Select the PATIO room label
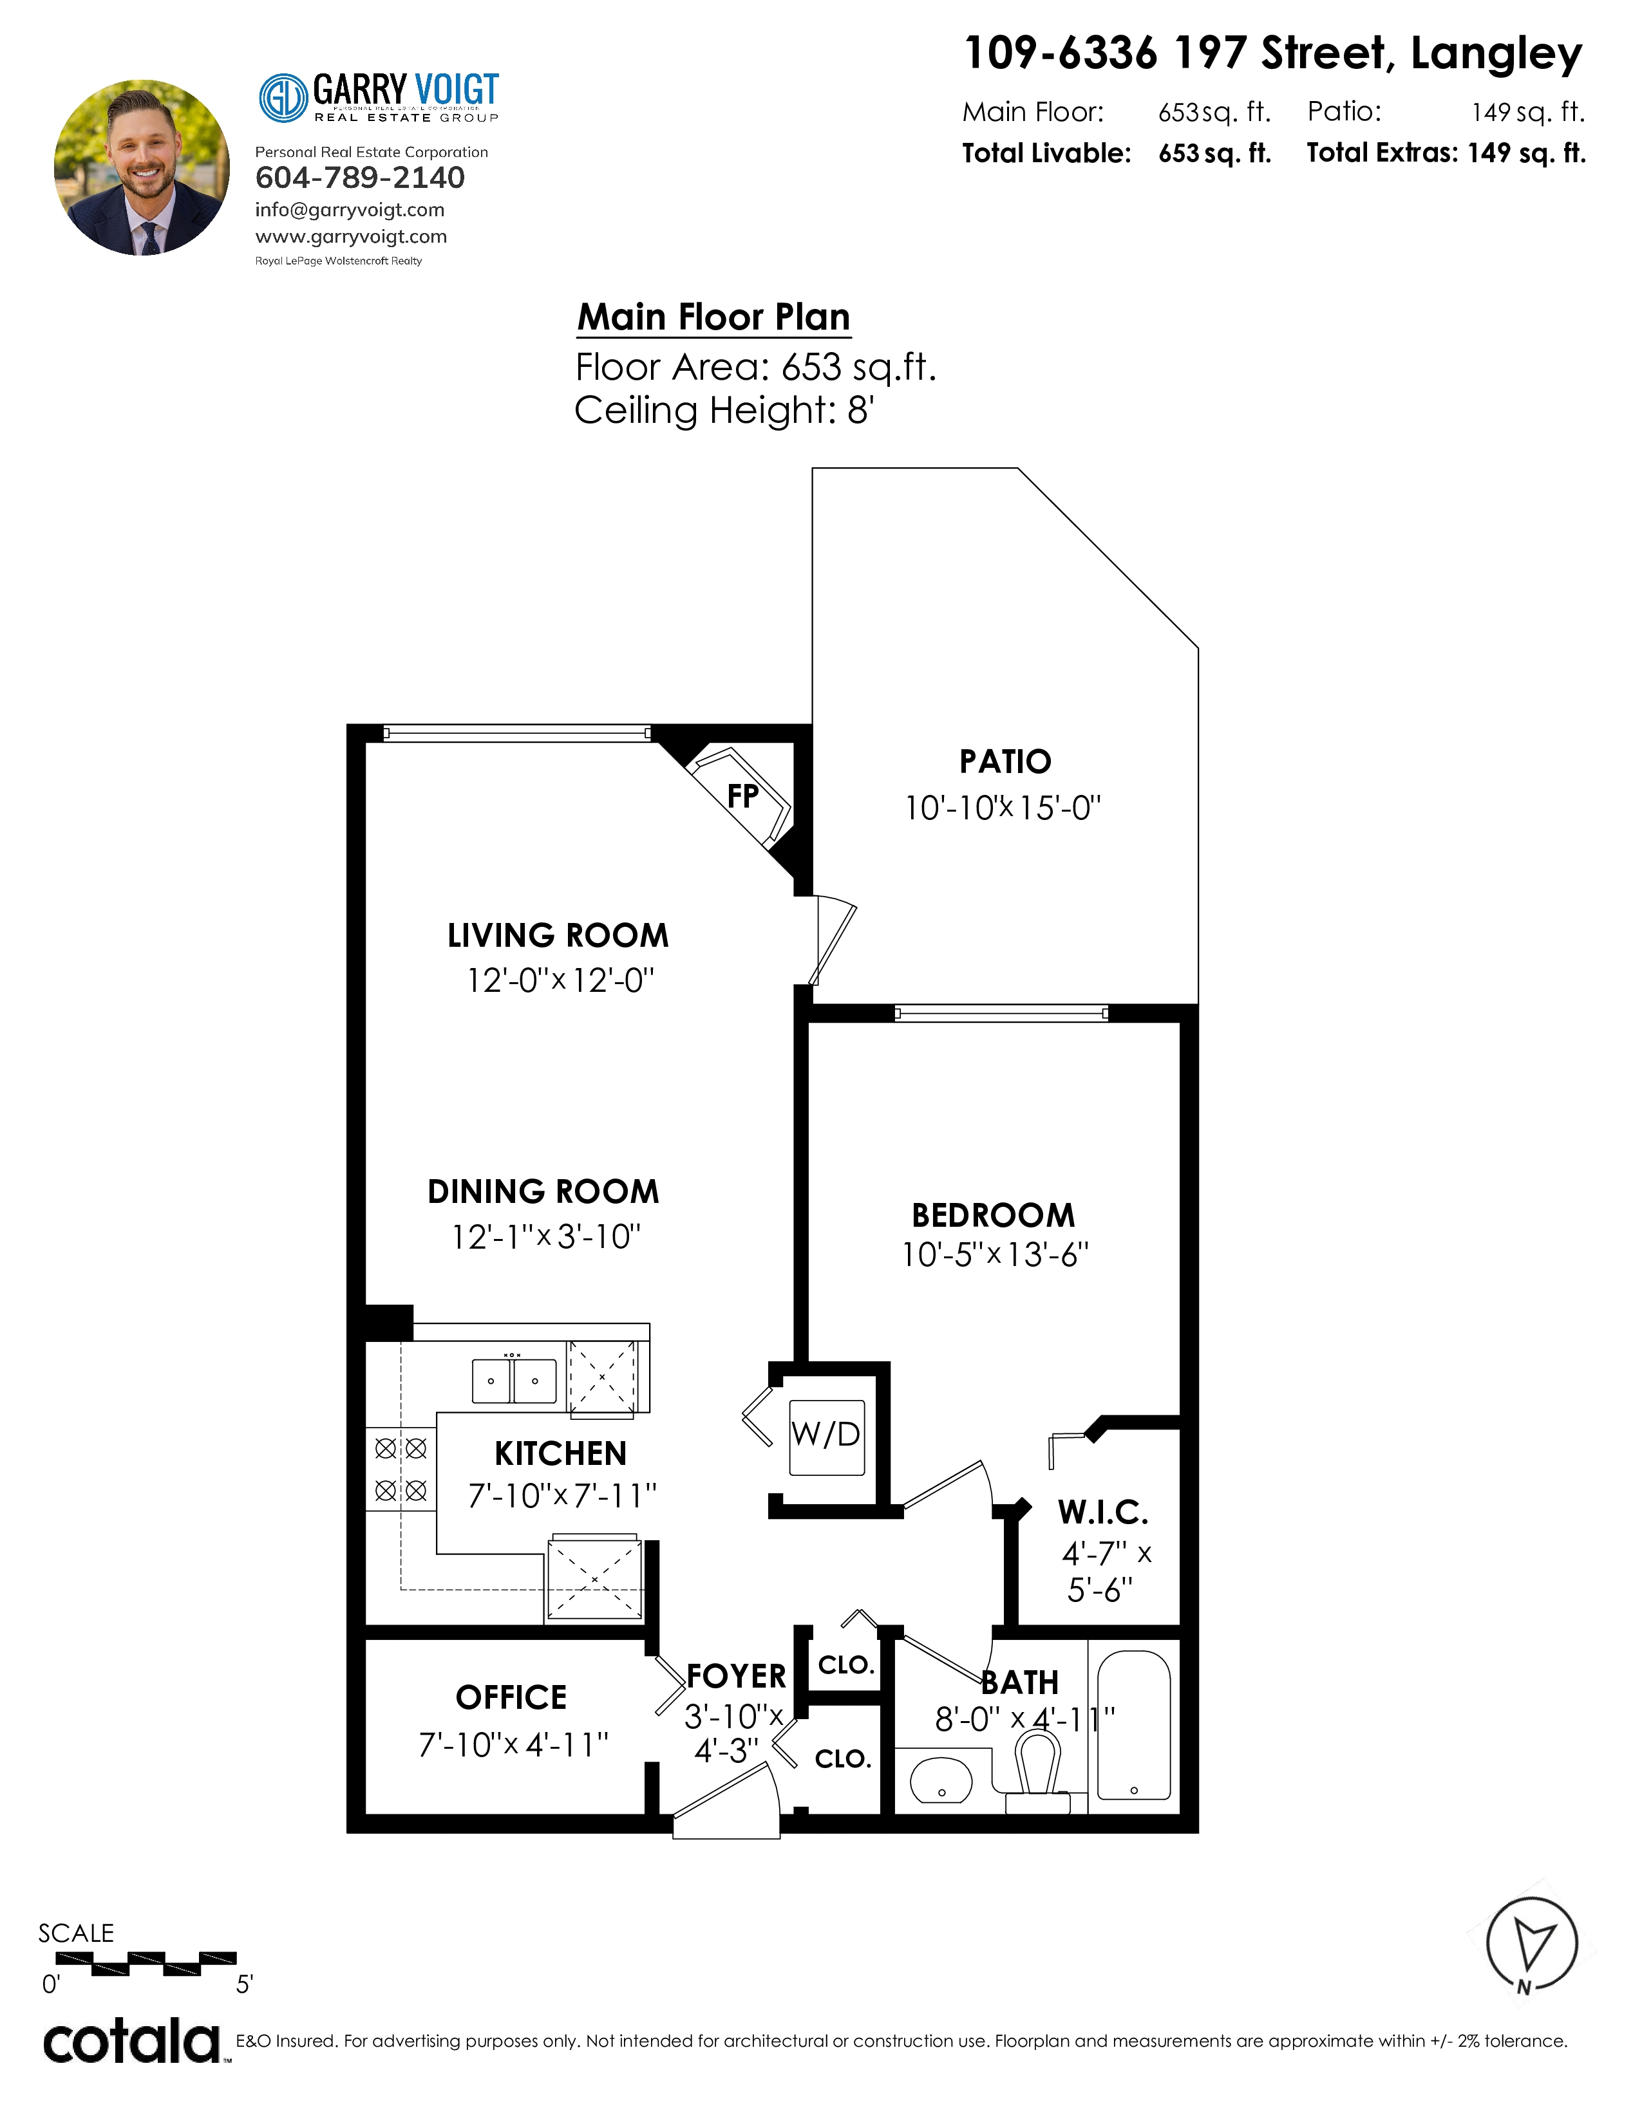point(1005,761)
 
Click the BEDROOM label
point(993,1215)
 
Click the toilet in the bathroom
point(1037,1776)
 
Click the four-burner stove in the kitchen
point(401,1469)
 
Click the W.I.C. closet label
point(1103,1513)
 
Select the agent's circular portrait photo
point(142,167)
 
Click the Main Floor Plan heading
point(714,317)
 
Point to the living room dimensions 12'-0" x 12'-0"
point(560,980)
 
